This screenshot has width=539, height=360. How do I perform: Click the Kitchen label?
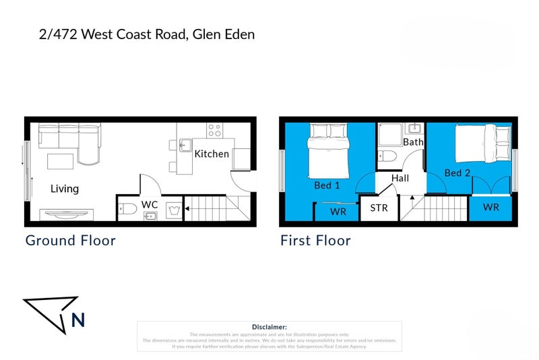point(212,154)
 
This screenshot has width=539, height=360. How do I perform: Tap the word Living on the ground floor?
point(65,189)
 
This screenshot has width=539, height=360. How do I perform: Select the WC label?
point(150,204)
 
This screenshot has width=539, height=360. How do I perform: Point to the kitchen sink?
point(185,144)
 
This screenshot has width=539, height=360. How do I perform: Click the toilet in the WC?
point(128,208)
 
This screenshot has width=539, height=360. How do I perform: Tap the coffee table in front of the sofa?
point(60,162)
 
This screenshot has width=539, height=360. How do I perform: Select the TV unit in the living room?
point(66,214)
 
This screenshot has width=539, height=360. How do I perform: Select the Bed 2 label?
point(457,173)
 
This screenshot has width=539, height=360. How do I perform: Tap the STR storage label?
point(379,208)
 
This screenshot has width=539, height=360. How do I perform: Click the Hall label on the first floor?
point(401,178)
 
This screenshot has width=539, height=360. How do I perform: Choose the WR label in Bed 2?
point(491,208)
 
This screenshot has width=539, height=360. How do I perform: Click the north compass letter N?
point(78,320)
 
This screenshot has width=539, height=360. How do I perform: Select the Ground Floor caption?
point(70,240)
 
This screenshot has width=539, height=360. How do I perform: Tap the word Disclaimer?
point(269,326)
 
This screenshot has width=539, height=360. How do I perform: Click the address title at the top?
point(147,34)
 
